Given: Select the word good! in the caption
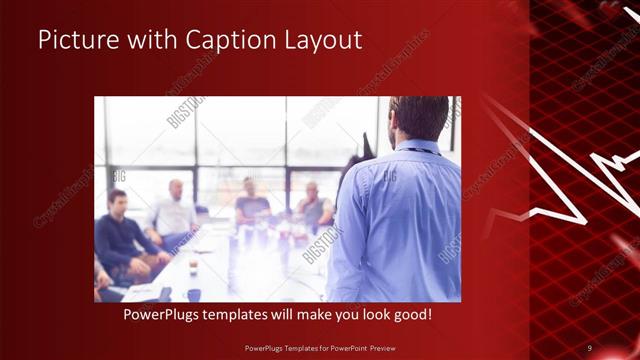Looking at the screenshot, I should point(411,314).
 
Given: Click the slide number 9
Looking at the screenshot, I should point(590,347).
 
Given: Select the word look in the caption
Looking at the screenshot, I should point(367,314).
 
